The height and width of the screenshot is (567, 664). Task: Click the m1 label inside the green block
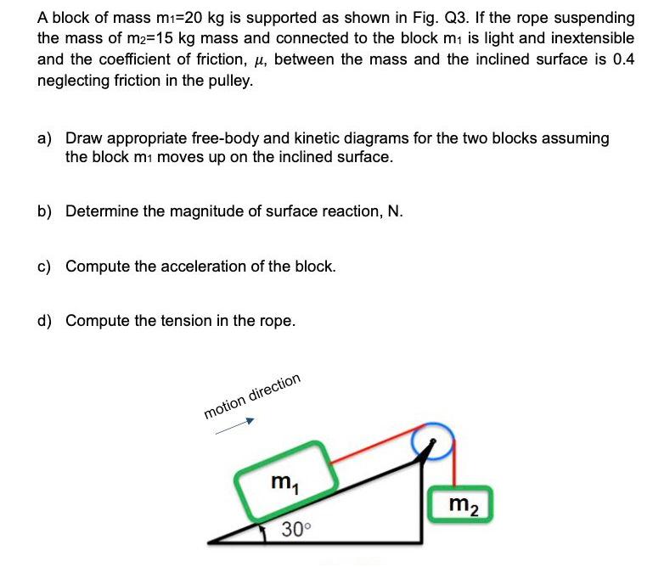coord(278,482)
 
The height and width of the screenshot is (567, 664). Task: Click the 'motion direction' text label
coord(252,396)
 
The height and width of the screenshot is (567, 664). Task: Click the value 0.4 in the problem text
coord(622,59)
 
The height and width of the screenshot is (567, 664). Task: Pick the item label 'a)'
coord(45,138)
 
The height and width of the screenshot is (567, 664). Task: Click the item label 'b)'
coord(45,211)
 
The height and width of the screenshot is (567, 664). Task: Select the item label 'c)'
coord(45,266)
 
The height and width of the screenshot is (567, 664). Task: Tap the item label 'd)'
coord(45,320)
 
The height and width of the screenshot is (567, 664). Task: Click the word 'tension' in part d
coord(186,320)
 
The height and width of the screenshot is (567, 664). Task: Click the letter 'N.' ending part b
coord(394,211)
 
